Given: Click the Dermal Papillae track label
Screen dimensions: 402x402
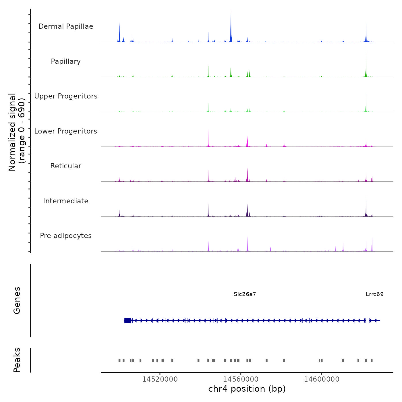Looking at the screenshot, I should click(x=66, y=26).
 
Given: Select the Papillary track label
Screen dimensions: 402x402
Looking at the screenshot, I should click(x=66, y=61).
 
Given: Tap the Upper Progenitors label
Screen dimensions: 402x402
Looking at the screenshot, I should click(x=66, y=96).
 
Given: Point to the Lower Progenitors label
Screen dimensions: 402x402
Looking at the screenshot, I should click(x=66, y=131).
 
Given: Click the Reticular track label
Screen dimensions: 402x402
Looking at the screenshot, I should click(x=66, y=166).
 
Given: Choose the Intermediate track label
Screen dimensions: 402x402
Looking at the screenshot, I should click(x=66, y=201).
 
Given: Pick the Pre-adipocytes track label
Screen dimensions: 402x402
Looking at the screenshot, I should click(x=66, y=236).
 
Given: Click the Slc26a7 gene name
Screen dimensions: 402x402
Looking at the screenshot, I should click(x=245, y=294).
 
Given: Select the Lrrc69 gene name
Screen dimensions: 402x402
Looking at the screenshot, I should click(x=374, y=294).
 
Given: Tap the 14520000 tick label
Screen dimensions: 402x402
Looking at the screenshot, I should click(x=160, y=379).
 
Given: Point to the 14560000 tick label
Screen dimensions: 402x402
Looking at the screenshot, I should click(x=241, y=379).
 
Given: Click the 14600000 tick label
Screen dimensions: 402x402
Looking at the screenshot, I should click(x=322, y=379).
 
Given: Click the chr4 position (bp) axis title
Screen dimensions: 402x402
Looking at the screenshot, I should click(x=247, y=389).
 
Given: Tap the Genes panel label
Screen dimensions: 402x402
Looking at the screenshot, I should click(x=17, y=300).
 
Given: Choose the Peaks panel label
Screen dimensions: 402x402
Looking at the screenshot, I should click(x=17, y=360).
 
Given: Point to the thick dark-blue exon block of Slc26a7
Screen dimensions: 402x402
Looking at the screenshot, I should click(x=127, y=320).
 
